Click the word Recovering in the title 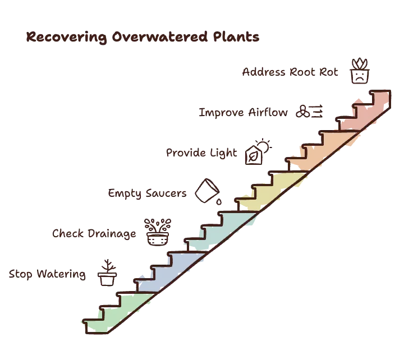pos(66,37)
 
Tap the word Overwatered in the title pos(160,36)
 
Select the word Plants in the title pos(236,36)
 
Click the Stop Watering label pos(47,274)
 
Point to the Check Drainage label pos(94,234)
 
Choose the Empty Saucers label pos(147,193)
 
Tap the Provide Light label pos(201,153)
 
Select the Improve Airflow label pos(243,113)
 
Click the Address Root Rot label pos(290,72)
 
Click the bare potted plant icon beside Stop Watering pos(107,273)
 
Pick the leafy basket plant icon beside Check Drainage pos(158,232)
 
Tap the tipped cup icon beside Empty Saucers pos(207,191)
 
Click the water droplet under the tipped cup pos(219,202)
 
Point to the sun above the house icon pos(264,146)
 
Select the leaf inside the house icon pos(253,156)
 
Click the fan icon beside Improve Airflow pos(303,112)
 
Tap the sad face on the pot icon pos(360,76)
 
